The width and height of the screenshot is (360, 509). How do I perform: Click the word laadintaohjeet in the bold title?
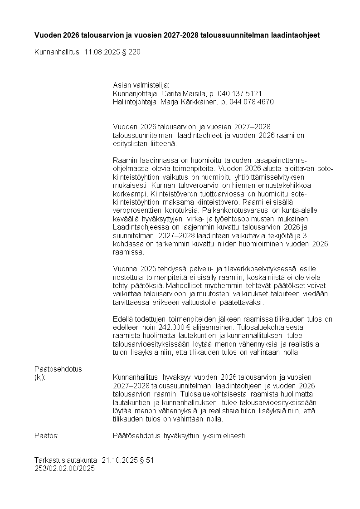[x=296, y=35]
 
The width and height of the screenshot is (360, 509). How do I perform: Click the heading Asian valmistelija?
[x=141, y=85]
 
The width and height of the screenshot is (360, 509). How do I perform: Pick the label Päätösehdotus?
[x=58, y=369]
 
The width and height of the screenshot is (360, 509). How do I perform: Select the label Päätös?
[x=47, y=436]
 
